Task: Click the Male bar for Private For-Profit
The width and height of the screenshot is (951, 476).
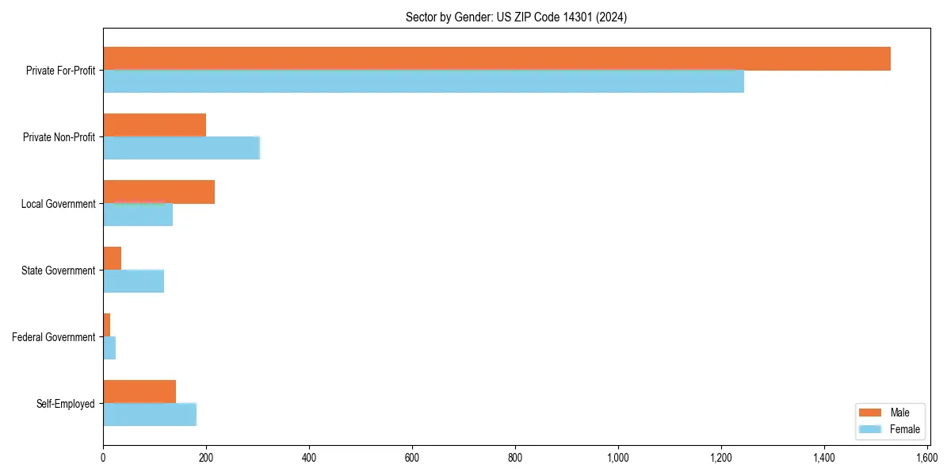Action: tap(497, 59)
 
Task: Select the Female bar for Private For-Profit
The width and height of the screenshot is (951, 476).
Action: tap(423, 82)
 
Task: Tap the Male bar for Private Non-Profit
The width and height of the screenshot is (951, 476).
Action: tap(155, 125)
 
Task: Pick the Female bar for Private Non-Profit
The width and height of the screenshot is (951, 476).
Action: tap(181, 148)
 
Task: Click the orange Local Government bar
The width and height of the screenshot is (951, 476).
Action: tap(158, 192)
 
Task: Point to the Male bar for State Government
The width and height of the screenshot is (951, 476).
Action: tap(113, 259)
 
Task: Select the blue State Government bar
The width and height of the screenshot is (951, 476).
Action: tap(133, 282)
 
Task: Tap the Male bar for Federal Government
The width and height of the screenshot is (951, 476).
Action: tap(107, 325)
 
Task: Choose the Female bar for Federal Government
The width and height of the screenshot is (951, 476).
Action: tap(109, 348)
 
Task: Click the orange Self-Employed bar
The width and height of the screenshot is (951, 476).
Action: tap(139, 392)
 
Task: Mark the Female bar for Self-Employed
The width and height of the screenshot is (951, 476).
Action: tap(150, 415)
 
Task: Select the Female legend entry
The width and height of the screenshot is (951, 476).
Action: tap(888, 429)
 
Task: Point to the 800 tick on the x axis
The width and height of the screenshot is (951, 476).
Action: tap(515, 458)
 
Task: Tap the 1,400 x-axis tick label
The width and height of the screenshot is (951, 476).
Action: tap(824, 458)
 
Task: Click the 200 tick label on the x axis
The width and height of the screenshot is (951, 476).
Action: tap(206, 458)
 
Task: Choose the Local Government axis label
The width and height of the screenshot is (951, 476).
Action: tap(58, 204)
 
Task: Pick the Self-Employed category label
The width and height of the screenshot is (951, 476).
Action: tap(66, 404)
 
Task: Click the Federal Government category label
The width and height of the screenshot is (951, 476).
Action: tap(54, 337)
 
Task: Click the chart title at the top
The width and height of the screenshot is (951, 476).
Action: tap(516, 17)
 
